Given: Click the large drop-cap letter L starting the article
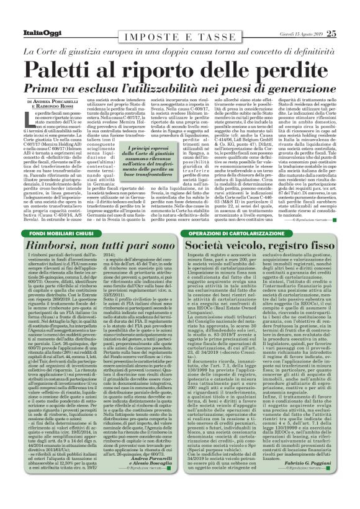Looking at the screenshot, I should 32,119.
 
